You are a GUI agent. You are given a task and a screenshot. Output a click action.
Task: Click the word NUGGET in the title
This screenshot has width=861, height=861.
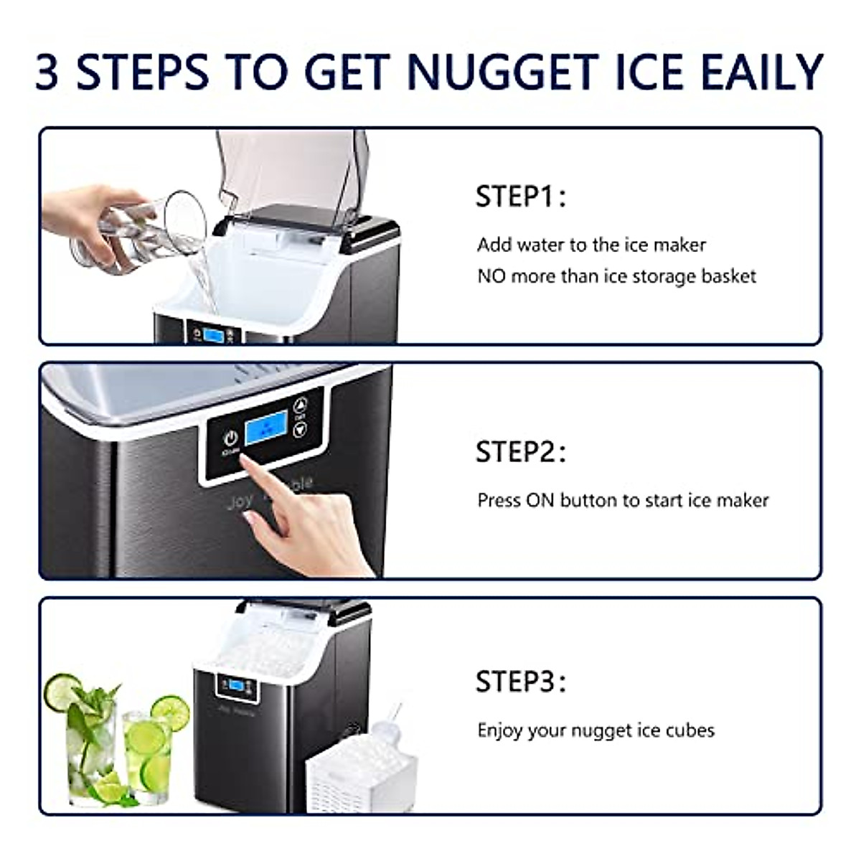502,72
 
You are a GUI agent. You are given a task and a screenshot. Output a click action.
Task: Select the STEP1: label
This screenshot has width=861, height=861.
520,197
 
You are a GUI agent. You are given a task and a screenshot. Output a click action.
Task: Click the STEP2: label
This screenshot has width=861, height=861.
520,452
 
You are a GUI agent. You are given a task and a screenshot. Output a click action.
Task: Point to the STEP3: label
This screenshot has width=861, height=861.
520,682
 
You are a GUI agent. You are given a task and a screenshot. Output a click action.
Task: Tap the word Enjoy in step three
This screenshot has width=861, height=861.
501,731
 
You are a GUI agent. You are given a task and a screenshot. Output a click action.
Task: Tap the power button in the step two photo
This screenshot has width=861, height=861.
230,438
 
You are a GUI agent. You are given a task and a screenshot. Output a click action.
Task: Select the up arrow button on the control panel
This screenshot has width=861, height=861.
300,404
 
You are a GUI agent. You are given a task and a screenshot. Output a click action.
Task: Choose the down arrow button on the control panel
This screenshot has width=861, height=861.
300,429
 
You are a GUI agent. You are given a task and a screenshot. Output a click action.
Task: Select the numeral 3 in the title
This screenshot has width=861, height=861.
47,72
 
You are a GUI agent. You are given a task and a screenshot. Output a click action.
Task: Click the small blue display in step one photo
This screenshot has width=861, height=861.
212,335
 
